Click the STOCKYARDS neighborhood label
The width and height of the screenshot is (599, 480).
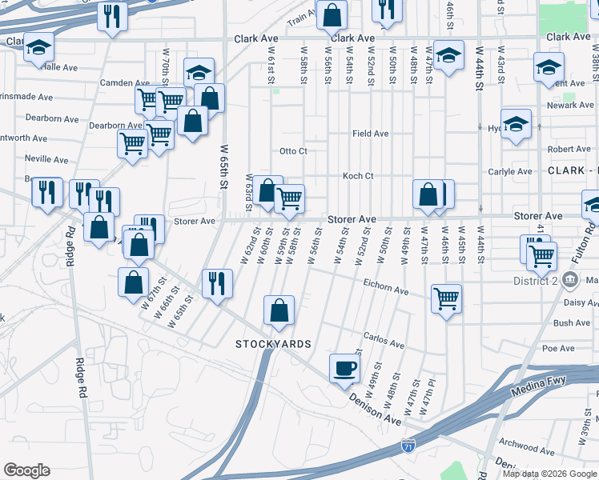point(273,343)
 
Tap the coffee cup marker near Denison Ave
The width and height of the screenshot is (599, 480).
point(345,369)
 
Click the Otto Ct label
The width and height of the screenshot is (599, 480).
point(293,151)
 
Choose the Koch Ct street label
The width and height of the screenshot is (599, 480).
point(358,176)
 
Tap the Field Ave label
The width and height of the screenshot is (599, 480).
point(371,134)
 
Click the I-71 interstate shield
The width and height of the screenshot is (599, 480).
point(409,445)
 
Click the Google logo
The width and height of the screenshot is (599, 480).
point(26,470)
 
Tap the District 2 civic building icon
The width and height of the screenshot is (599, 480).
point(569,280)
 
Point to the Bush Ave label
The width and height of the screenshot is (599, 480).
point(572,323)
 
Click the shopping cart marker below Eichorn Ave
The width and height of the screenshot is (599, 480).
point(446,299)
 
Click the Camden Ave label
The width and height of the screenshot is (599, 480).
point(125,82)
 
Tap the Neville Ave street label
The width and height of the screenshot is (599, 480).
point(47,158)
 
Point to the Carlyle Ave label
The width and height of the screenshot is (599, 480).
point(511,171)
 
